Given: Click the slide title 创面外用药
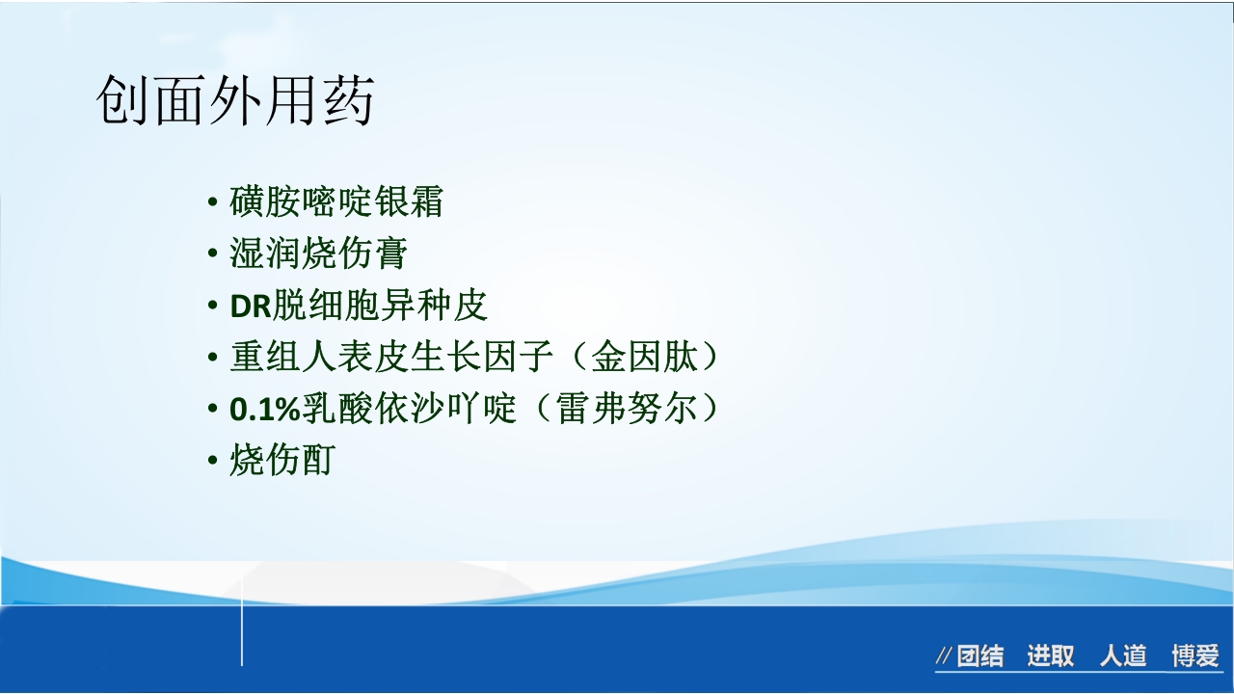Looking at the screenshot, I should [234, 100].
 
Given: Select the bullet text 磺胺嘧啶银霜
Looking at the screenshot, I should [336, 202].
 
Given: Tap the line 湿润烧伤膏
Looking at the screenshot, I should [319, 254].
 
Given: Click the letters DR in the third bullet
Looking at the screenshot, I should [251, 307].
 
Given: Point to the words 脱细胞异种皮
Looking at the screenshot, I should [381, 306].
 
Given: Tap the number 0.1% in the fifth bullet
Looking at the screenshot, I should [266, 410].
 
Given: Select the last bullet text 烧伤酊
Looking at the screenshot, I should [282, 461].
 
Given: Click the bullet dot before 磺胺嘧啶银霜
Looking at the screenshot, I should [213, 203].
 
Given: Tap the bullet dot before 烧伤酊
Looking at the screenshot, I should [213, 462].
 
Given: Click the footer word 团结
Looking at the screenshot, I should [980, 657].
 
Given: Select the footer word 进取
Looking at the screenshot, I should [1050, 657].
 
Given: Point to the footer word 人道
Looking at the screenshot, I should [1123, 657].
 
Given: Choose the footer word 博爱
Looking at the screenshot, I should [1195, 657].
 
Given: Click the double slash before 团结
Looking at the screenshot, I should [945, 657].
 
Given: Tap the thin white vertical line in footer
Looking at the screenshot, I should [242, 636].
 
